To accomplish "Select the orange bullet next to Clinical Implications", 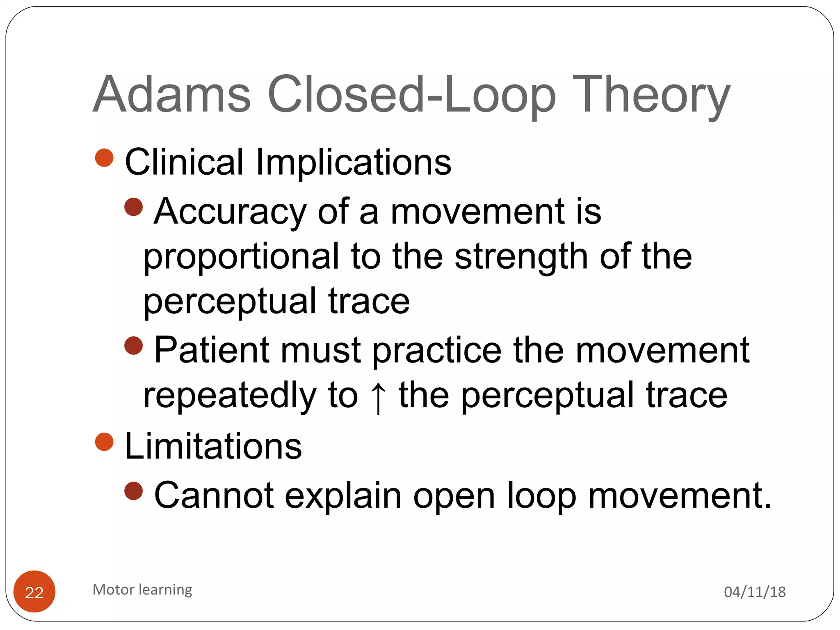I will pos(104,158).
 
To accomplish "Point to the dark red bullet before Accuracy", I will pos(133,207).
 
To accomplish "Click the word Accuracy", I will pos(230,212).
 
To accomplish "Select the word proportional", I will pos(241,257).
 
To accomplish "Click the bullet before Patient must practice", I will pos(133,346).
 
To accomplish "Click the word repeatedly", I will pos(230,395).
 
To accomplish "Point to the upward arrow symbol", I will pos(378,397).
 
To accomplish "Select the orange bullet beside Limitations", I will pos(104,442).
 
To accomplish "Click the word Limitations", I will pos(213,446).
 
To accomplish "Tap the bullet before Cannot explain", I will pos(133,491).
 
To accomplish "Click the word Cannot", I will pos(214,495).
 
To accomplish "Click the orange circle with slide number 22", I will pos(34,591).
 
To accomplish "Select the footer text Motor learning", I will pos(142,590).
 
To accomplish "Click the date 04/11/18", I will pos(755,592).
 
